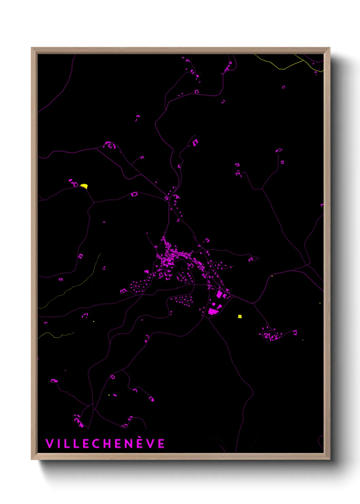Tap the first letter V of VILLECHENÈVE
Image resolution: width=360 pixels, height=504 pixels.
coord(49,443)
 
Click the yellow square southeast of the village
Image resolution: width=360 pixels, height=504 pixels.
coord(240,316)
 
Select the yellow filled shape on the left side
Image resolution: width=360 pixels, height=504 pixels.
coord(84,186)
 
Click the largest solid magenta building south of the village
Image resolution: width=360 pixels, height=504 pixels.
coord(213,311)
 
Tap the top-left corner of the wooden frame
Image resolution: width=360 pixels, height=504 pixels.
coord(32,48)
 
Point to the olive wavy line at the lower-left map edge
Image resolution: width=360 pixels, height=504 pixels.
coord(56,335)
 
